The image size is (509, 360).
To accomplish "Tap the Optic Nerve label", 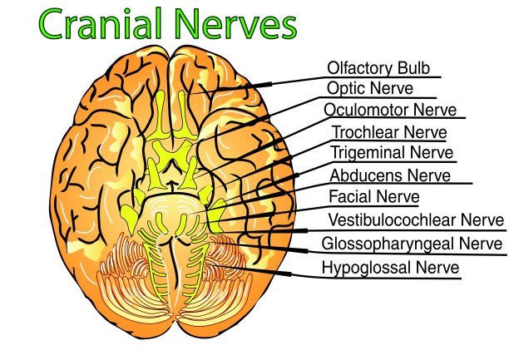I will coord(370,88).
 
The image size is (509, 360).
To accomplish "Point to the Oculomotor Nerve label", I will coord(391,110).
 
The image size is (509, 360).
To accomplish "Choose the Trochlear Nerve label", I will coord(389,132).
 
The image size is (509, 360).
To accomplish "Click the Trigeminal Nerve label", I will coord(392,153).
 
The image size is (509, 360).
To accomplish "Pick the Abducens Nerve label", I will coord(390,175).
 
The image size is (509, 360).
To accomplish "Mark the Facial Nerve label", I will coord(373,197).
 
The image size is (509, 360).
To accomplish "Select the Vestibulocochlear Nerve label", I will coord(416,220).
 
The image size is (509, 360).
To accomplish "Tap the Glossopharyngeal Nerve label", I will coord(412,244).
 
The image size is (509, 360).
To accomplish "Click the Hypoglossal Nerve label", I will coord(390,267).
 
